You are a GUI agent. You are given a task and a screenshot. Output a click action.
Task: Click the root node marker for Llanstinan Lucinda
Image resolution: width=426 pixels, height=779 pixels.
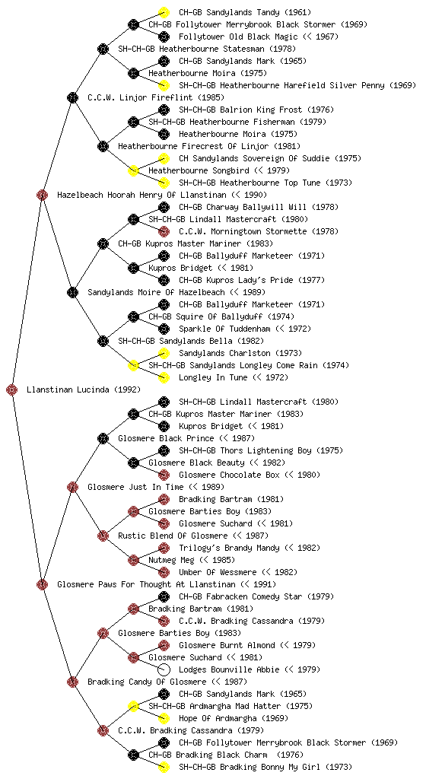(12, 389)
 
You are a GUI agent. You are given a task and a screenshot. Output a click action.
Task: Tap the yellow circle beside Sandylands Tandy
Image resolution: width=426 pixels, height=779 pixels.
(164, 12)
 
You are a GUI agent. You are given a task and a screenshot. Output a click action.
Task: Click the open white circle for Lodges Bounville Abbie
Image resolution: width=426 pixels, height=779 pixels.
(164, 669)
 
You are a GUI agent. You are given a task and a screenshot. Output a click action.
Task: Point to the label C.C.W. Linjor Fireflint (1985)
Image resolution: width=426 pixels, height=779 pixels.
(156, 97)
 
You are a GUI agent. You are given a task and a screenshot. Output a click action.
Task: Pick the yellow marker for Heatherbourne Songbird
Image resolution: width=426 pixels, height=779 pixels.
(133, 170)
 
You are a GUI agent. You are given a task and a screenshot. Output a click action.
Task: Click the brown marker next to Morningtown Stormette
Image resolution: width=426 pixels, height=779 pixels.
(164, 231)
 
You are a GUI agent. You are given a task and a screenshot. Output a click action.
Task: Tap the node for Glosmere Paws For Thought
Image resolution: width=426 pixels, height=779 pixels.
(42, 584)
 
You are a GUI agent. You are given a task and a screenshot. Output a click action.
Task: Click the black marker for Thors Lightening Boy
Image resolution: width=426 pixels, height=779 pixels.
(164, 450)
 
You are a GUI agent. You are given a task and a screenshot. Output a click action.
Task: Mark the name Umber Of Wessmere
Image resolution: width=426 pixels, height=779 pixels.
(218, 572)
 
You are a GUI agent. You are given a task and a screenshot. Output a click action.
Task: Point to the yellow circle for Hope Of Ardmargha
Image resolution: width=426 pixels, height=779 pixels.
(164, 718)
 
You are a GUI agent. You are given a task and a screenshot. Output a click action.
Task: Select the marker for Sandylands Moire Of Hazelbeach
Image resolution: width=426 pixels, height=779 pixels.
(72, 292)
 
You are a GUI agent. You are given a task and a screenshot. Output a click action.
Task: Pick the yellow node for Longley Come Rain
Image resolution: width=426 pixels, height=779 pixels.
(133, 365)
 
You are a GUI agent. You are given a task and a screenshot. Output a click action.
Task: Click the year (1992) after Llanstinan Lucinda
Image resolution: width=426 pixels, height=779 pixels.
(127, 389)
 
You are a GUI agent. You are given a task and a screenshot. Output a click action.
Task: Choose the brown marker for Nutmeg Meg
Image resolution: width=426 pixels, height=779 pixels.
(133, 560)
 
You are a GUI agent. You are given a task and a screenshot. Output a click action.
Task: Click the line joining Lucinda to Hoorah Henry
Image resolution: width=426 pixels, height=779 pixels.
(27, 292)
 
